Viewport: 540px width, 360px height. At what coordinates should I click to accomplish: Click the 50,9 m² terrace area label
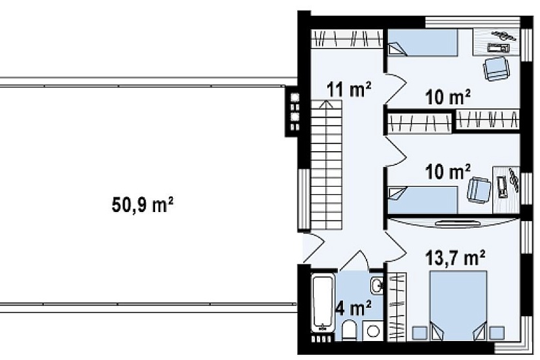(142, 205)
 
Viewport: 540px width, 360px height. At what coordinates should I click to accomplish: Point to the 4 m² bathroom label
(353, 308)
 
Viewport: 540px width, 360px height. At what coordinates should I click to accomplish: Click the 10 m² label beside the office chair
(448, 171)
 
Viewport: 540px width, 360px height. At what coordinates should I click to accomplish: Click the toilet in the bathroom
(350, 331)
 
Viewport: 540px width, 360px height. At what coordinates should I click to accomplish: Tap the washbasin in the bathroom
(377, 285)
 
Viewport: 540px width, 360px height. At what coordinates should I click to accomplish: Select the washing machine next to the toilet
(373, 331)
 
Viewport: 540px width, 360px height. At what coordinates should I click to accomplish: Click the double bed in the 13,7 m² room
(458, 306)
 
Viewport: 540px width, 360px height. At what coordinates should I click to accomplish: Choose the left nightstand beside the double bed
(420, 333)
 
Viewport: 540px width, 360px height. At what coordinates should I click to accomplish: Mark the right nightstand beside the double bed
(497, 333)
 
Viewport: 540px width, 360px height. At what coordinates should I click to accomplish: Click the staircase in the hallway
(327, 165)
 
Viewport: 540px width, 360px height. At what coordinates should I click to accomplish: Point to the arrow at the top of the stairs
(327, 104)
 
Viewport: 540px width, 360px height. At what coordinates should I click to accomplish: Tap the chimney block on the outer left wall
(293, 111)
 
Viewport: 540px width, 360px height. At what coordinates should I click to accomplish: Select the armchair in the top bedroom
(496, 68)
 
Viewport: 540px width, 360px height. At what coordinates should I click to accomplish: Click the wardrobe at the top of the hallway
(347, 38)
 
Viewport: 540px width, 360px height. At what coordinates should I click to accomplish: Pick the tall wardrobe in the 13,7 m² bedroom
(397, 306)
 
